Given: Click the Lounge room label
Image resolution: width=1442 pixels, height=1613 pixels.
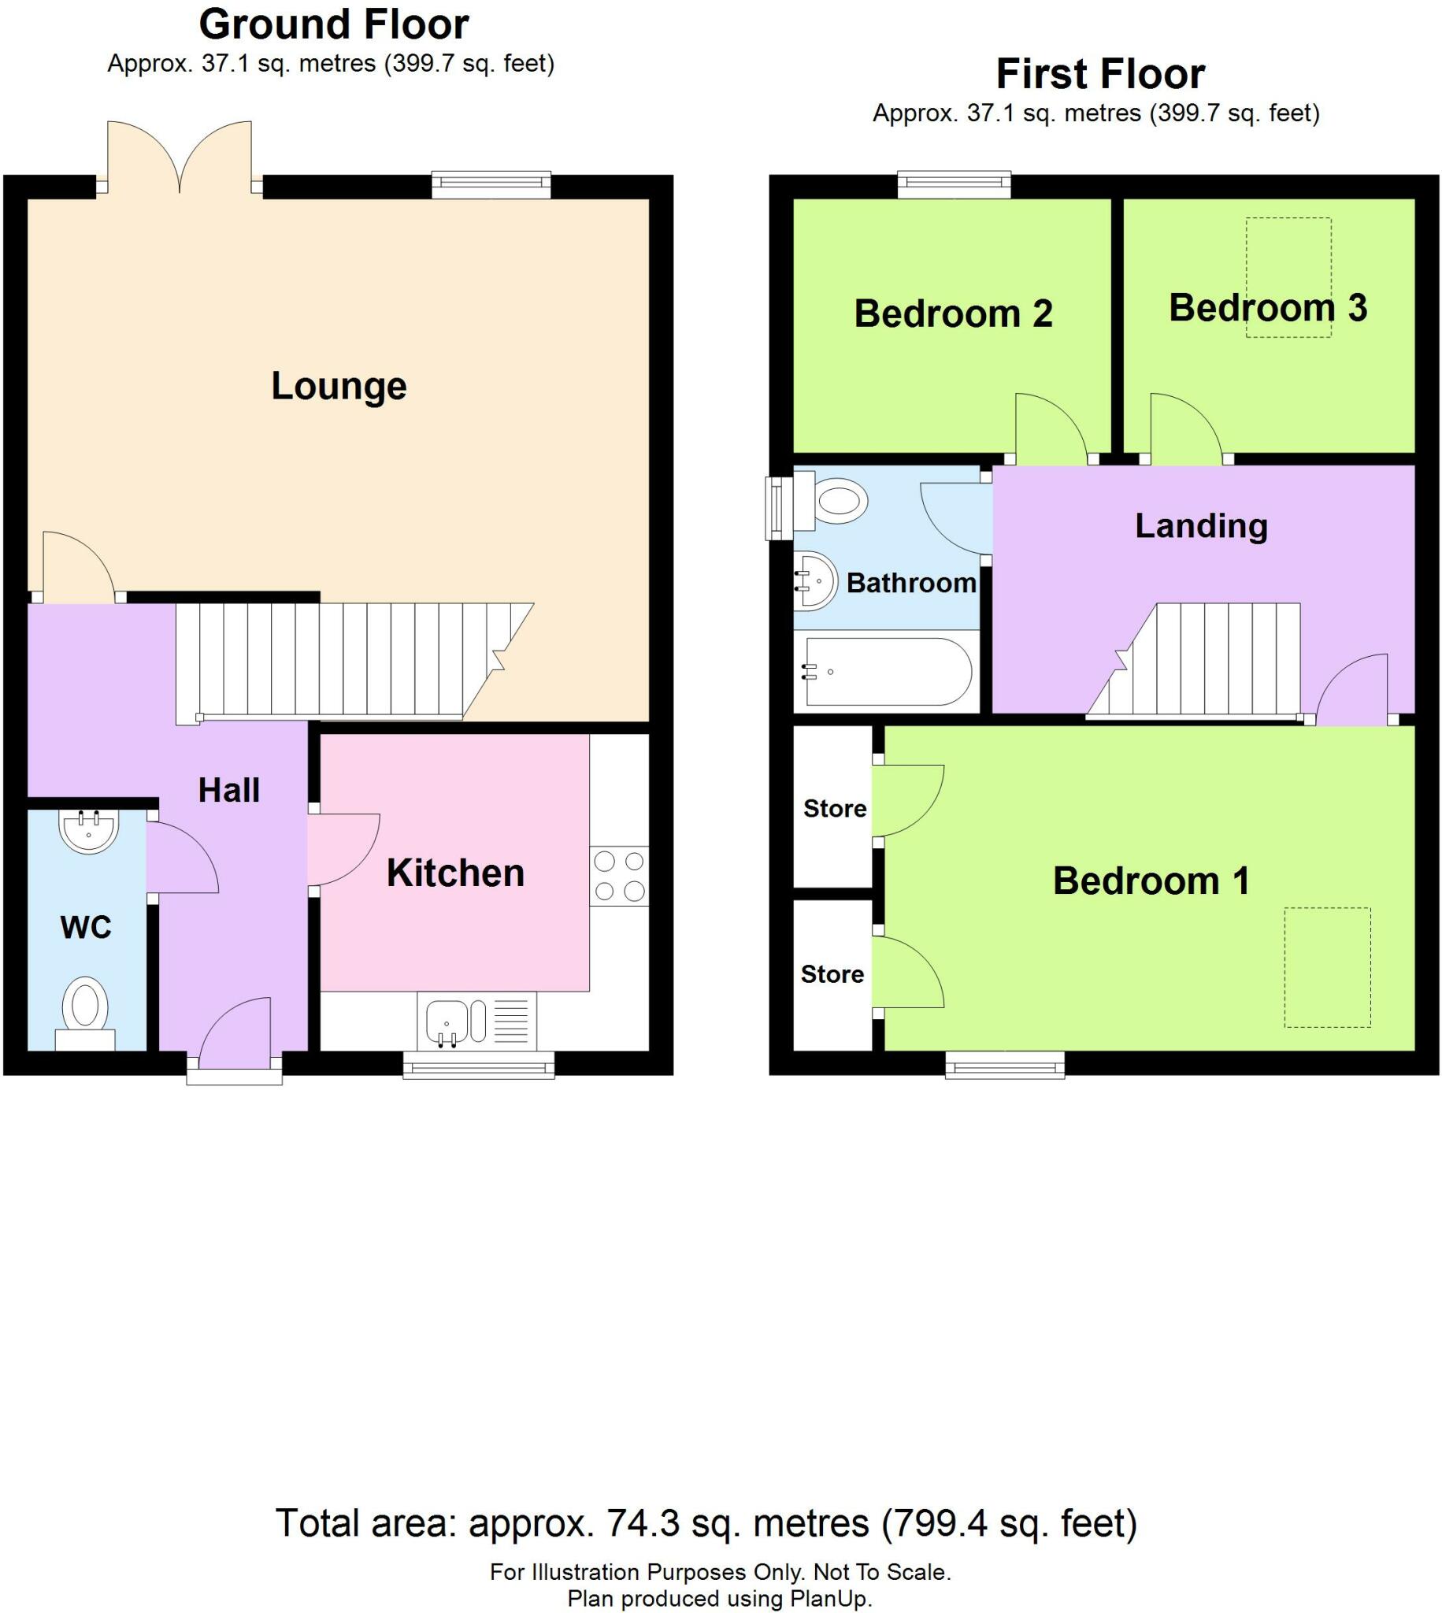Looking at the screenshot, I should [x=339, y=387].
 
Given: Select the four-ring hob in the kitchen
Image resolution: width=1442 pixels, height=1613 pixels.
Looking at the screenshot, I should [x=619, y=876].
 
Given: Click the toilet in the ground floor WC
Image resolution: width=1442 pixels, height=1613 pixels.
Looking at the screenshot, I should [x=86, y=1006].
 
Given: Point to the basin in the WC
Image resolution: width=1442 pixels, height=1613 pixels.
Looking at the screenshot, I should [x=88, y=830].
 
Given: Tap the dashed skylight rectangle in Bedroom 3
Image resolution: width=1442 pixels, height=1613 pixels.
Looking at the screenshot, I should [x=1288, y=277].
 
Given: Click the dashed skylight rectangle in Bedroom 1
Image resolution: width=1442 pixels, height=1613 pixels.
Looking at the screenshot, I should [x=1327, y=966].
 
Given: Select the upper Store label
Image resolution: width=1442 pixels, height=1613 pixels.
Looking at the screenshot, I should [x=834, y=809].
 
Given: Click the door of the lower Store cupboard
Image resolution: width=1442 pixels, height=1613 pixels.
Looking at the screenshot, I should [x=907, y=973].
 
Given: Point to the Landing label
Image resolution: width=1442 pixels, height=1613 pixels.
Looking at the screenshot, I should [x=1201, y=526].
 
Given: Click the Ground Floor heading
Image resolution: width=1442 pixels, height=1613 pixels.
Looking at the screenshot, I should [x=334, y=25].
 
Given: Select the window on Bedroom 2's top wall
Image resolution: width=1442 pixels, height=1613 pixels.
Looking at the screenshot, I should [x=954, y=185].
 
